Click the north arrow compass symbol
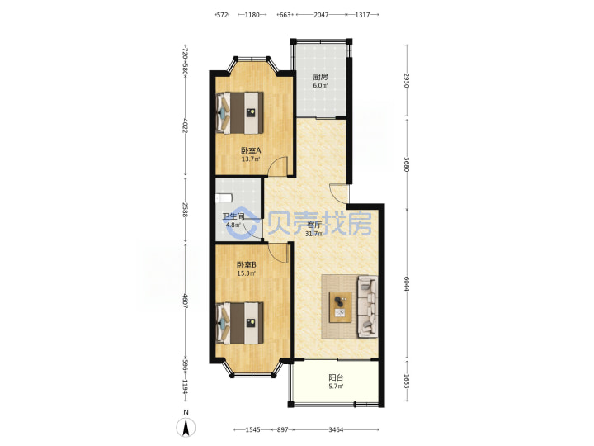click(186, 428)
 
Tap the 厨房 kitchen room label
click(320, 77)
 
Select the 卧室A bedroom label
click(251, 150)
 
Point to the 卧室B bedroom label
click(246, 264)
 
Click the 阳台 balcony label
click(336, 377)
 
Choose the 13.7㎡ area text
click(251, 159)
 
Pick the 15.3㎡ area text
click(246, 273)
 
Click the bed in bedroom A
click(239, 112)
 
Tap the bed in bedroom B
click(239, 323)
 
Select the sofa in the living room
click(367, 306)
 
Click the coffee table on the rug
click(340, 307)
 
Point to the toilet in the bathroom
click(224, 198)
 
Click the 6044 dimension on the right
click(407, 283)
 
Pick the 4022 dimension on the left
click(186, 126)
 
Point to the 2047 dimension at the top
click(321, 15)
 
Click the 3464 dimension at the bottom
click(336, 429)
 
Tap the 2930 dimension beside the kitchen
click(407, 80)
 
